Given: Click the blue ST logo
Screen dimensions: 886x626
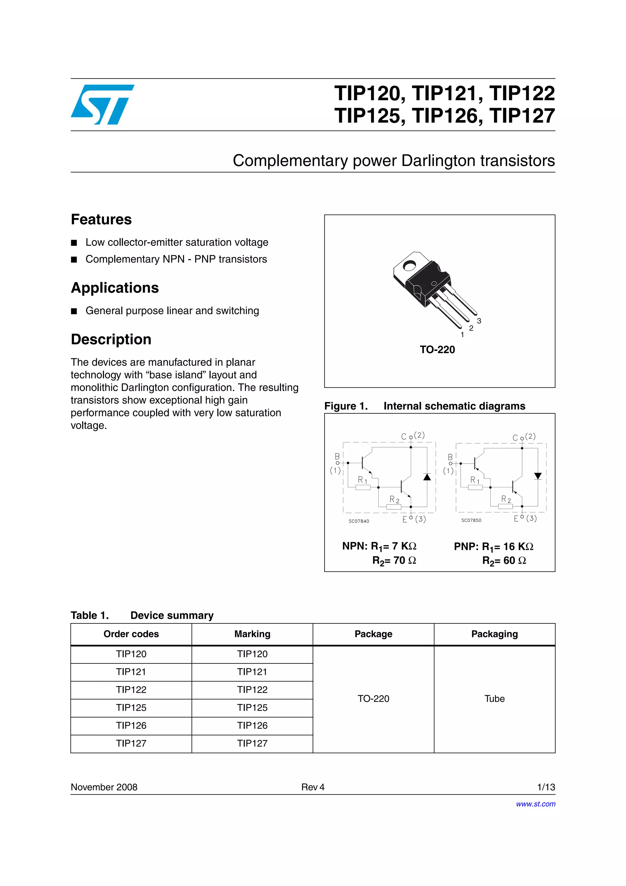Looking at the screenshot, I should (x=102, y=105).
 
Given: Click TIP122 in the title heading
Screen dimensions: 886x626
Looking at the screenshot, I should (x=522, y=93).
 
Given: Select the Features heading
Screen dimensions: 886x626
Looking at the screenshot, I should (x=101, y=219).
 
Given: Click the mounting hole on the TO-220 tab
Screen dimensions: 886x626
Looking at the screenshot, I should (x=409, y=265).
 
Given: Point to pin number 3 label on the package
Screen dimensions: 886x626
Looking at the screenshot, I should (x=479, y=321).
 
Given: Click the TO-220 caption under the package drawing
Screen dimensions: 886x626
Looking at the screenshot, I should (x=437, y=350).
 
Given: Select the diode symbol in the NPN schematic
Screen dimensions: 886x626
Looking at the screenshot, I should (x=427, y=477).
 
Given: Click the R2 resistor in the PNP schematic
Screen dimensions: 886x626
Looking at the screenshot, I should (x=505, y=506).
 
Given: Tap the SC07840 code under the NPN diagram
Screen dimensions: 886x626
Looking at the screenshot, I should (x=359, y=521).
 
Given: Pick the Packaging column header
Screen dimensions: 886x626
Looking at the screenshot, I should (x=494, y=634).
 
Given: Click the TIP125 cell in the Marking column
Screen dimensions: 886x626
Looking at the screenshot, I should (x=252, y=707).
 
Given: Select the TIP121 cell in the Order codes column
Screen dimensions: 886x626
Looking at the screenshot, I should (x=131, y=672).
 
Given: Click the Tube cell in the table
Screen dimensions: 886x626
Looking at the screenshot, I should (x=494, y=699).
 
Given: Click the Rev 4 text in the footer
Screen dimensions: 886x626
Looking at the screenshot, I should (x=313, y=787).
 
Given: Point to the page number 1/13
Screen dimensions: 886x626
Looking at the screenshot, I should (x=546, y=787).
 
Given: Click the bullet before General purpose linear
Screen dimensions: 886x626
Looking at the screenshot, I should (x=74, y=311).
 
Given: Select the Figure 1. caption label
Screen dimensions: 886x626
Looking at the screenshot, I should (x=346, y=406).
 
